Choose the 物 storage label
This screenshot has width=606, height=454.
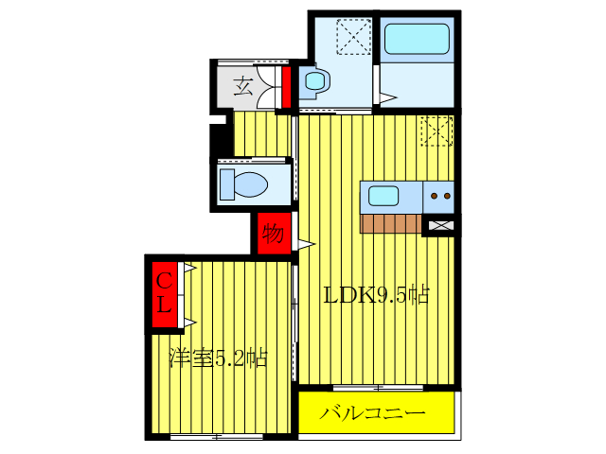coord(273,233)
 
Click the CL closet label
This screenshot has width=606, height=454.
coord(165,292)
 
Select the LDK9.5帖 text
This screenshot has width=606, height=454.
coord(377,295)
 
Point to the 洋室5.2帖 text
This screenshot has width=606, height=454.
coord(218,358)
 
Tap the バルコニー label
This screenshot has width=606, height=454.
coord(372,413)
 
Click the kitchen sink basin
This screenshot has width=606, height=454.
coord(383,197)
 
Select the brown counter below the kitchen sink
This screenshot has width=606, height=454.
coord(390,223)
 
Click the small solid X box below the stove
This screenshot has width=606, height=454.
coord(440,225)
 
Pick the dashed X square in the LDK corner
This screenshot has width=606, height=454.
coord(437,131)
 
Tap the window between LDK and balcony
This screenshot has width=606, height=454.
coord(377,388)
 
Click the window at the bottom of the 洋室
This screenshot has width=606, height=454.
coord(216,436)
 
